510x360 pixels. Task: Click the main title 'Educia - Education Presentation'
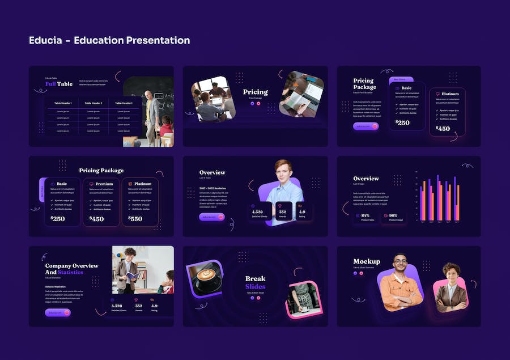click(109, 40)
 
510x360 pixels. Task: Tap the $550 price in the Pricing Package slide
click(135, 218)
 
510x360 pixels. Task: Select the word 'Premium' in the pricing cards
click(104, 184)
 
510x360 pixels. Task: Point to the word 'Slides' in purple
click(255, 286)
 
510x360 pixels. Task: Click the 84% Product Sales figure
click(365, 215)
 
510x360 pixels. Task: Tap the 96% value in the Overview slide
click(393, 215)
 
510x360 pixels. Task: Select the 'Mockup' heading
click(367, 261)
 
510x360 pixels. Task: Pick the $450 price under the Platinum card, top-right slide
click(443, 129)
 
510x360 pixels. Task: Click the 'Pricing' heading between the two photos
click(255, 92)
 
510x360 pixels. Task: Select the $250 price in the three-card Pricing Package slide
click(58, 218)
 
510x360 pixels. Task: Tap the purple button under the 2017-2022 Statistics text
click(211, 217)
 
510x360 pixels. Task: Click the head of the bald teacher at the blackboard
click(148, 94)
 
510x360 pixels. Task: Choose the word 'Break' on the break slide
click(255, 278)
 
